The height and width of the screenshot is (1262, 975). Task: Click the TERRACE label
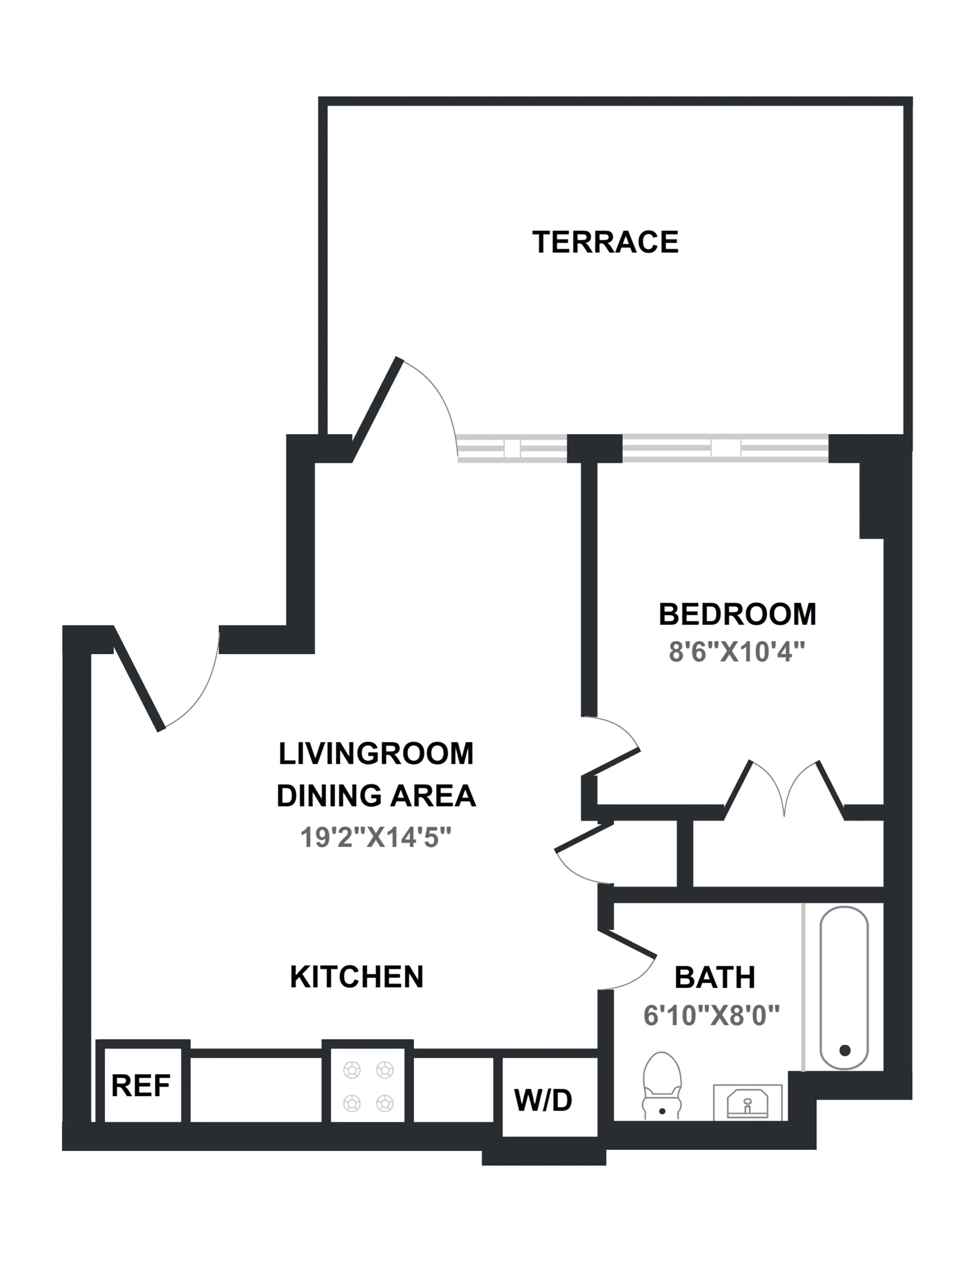click(605, 242)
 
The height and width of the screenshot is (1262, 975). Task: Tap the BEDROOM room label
click(737, 614)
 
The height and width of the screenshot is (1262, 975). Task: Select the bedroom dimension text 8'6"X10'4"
click(736, 652)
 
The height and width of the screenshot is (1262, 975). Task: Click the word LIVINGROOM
click(376, 753)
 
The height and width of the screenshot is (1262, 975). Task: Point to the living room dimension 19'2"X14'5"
click(375, 837)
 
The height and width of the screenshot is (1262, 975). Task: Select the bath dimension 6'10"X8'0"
click(712, 1015)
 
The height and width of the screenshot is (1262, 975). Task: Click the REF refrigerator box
click(141, 1086)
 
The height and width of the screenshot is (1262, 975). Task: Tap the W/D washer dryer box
click(543, 1099)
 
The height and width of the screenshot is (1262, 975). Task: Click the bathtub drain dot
click(845, 1050)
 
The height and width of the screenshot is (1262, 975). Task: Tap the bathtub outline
click(844, 988)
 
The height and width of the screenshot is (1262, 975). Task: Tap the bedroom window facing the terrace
click(725, 449)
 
